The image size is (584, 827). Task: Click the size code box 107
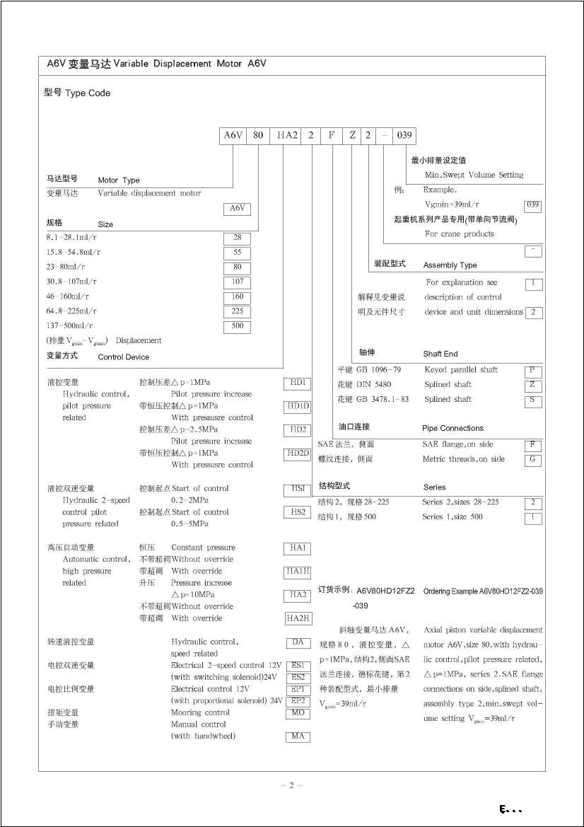[x=237, y=282]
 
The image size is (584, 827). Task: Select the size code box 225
[x=237, y=311]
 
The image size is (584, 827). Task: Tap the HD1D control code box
[x=298, y=407]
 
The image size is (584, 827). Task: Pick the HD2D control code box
[x=298, y=453]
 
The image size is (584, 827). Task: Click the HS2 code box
[x=298, y=512]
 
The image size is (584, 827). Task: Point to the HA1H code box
[x=298, y=572]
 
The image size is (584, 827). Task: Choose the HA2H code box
[x=298, y=618]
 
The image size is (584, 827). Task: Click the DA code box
[x=298, y=642]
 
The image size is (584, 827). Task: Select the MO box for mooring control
[x=298, y=713]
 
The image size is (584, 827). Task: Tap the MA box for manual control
[x=298, y=736]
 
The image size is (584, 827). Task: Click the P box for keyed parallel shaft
[x=533, y=371]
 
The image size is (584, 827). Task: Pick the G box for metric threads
[x=533, y=460]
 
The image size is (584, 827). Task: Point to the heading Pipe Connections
[x=452, y=428]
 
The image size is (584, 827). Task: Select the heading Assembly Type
[x=450, y=265]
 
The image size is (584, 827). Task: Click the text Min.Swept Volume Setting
[x=474, y=175]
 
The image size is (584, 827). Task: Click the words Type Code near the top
[x=88, y=93]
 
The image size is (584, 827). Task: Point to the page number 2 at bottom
[x=291, y=785]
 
